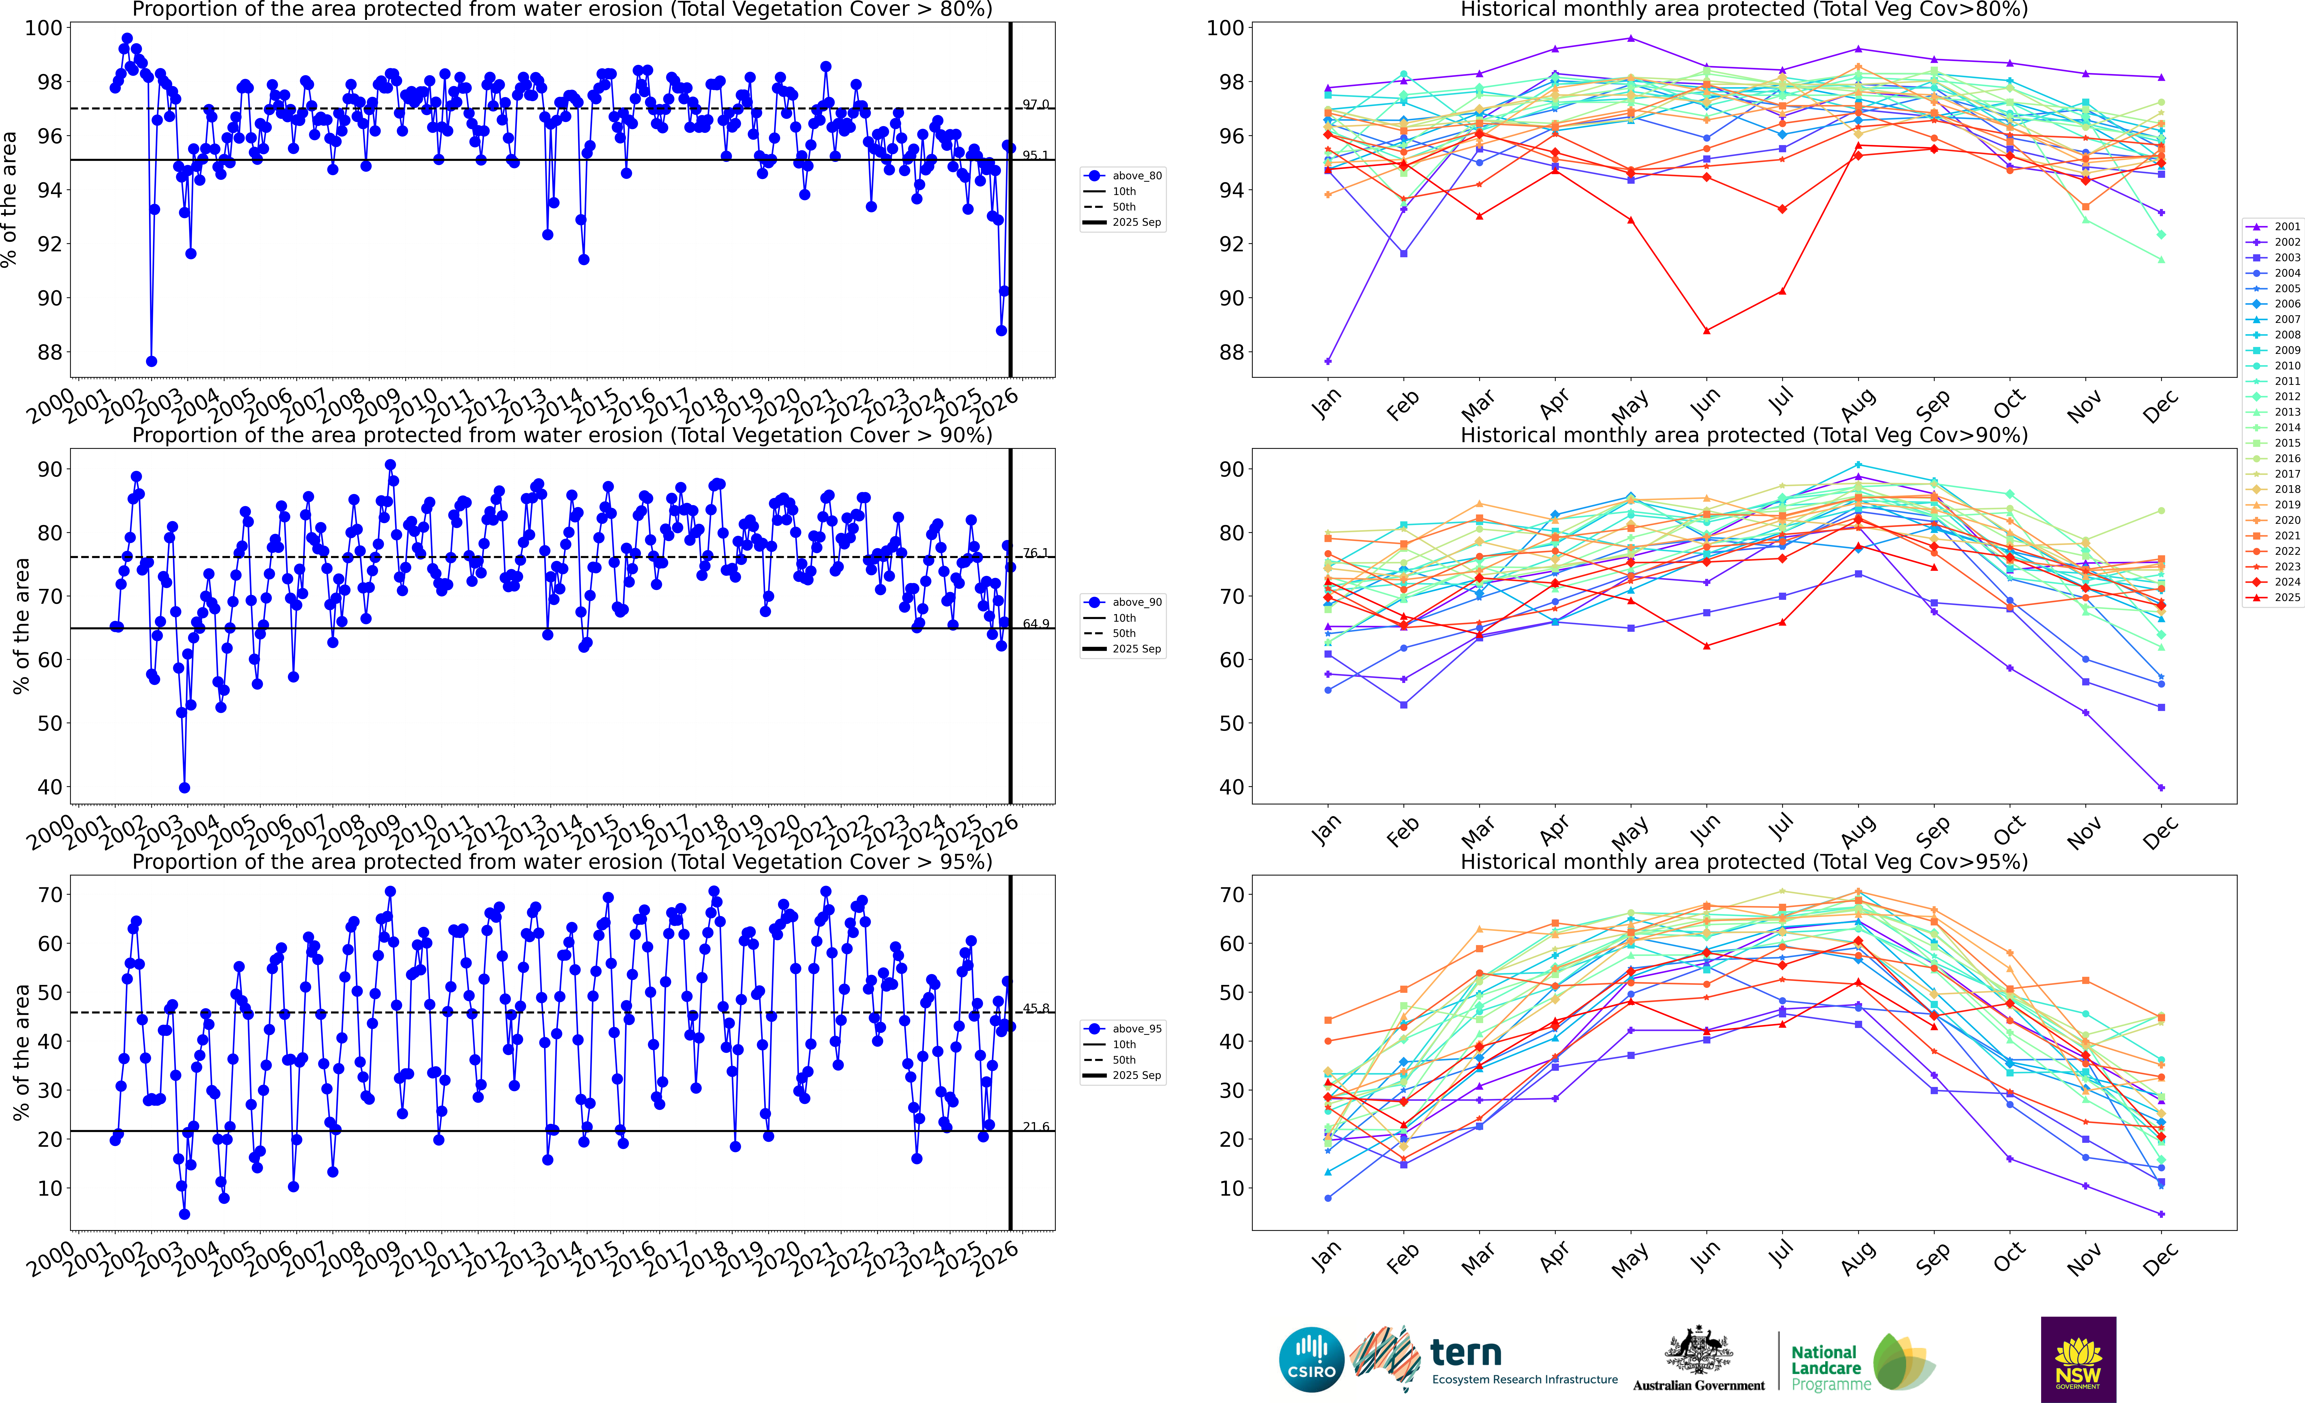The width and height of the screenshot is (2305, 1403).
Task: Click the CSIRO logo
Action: (x=1311, y=1359)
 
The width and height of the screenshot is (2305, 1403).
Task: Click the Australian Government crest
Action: (x=1698, y=1352)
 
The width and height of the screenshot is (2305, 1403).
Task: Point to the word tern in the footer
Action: (x=1466, y=1353)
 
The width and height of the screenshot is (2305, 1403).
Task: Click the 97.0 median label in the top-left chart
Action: (x=1036, y=105)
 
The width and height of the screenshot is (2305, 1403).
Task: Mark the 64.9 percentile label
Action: (x=1036, y=624)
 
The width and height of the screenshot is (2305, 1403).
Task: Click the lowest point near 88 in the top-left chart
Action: (x=151, y=361)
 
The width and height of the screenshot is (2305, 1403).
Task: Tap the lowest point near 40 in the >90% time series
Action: (x=184, y=787)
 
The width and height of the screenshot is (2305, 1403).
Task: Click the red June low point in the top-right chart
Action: (x=1706, y=330)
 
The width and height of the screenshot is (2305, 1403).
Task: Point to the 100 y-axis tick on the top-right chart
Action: (x=1224, y=28)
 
